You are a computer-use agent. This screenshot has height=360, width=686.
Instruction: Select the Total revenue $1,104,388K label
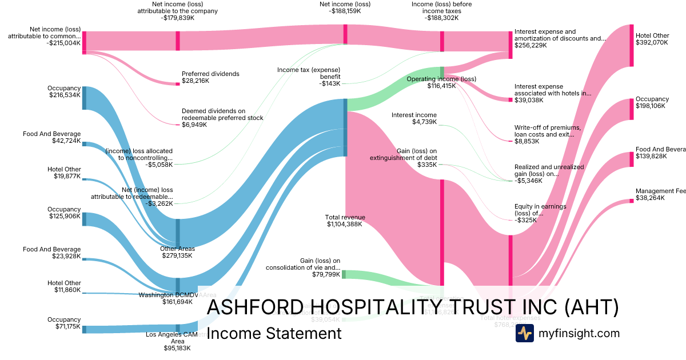[x=345, y=221]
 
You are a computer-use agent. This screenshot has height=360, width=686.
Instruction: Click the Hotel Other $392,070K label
[x=652, y=39]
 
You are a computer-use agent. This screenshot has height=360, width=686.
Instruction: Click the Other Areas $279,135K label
[x=177, y=252]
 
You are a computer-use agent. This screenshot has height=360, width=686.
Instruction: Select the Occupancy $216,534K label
[x=65, y=91]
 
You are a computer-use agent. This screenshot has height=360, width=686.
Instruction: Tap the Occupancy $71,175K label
[x=65, y=323]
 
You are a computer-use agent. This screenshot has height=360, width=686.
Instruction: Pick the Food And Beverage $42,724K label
[x=52, y=137]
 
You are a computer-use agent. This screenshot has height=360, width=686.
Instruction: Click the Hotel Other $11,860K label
[x=65, y=286]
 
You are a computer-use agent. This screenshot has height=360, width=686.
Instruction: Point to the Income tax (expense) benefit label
[x=309, y=77]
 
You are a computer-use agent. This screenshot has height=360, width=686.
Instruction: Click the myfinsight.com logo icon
[x=524, y=333]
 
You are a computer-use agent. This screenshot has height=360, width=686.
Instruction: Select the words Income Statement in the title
[x=274, y=333]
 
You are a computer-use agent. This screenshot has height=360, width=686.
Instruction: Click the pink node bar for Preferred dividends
[x=178, y=84]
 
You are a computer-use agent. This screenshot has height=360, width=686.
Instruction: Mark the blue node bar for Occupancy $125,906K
[x=84, y=219]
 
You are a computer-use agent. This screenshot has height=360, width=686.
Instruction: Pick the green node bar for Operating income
[x=442, y=72]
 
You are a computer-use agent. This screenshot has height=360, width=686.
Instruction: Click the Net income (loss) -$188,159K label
[x=345, y=7]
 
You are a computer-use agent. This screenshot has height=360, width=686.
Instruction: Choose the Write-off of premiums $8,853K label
[x=547, y=135]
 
